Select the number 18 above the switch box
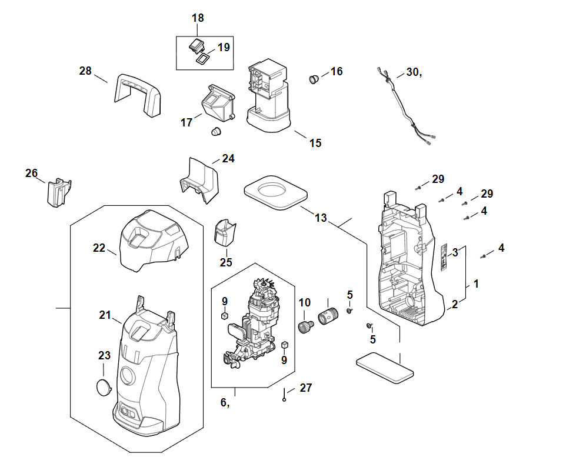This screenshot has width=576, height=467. [x=198, y=18]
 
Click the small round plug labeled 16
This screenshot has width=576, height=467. [x=315, y=78]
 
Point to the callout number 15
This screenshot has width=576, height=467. [x=315, y=143]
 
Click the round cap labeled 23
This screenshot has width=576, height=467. [x=104, y=388]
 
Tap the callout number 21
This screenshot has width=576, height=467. [x=105, y=315]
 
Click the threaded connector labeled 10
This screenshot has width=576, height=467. [x=306, y=325]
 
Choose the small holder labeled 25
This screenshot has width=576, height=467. [x=224, y=232]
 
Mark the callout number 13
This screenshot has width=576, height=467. [x=320, y=218]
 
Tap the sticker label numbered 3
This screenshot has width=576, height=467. [x=445, y=257]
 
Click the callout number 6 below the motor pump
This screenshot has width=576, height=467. [x=224, y=403]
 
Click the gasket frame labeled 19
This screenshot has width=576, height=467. [x=202, y=59]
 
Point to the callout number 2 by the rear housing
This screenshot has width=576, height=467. [x=454, y=304]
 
